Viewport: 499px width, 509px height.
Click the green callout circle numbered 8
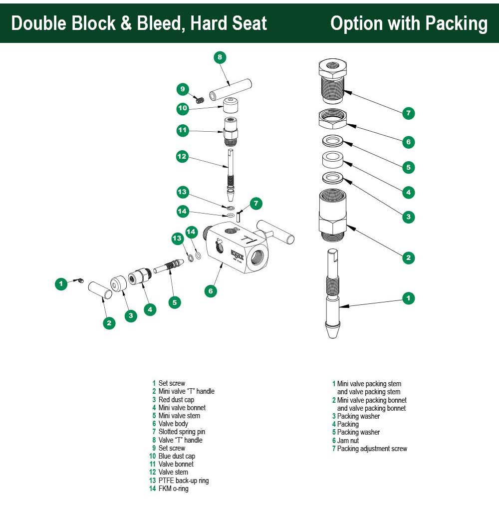(x=220, y=57)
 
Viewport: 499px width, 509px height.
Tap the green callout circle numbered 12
(x=182, y=157)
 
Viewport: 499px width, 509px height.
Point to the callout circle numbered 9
(x=183, y=89)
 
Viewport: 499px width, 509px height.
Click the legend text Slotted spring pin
(x=182, y=432)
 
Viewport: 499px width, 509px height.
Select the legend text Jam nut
(x=348, y=441)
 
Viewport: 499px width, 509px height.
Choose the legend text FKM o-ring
(x=173, y=489)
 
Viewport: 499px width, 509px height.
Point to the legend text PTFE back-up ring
(x=183, y=481)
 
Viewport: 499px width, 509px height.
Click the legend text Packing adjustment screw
(x=372, y=449)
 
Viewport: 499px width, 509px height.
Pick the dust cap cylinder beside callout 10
(x=231, y=106)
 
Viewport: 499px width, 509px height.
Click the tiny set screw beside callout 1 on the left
(x=80, y=282)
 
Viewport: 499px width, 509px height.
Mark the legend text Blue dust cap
(x=177, y=456)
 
